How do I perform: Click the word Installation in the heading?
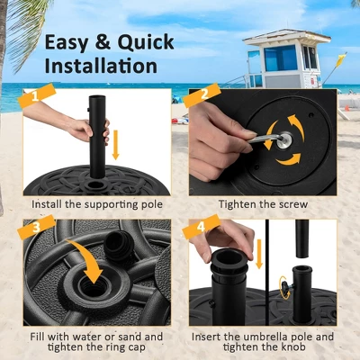click(101, 66)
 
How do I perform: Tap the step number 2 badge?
click(203, 94)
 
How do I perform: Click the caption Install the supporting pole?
click(97, 205)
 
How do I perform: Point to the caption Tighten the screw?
click(262, 205)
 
